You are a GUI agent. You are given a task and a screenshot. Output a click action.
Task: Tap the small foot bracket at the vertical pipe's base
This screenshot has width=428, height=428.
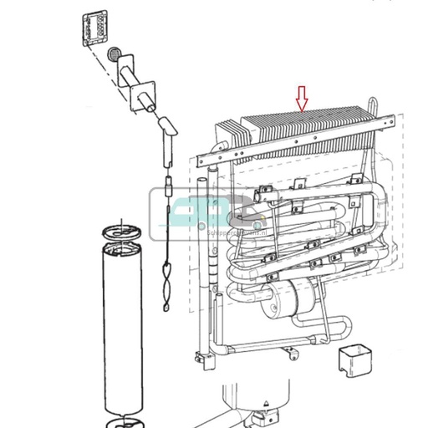coord(201,360)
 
